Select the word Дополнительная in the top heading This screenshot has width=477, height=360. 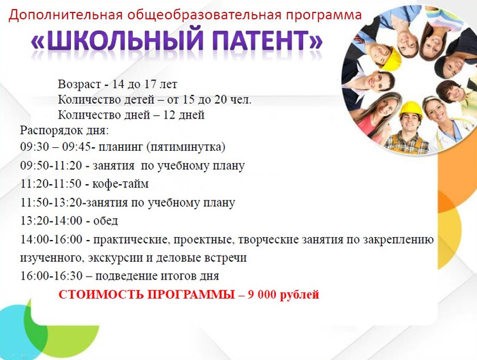click(65, 15)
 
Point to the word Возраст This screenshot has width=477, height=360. click(79, 84)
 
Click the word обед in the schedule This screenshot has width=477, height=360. click(106, 221)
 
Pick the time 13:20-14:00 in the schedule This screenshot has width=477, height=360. click(51, 221)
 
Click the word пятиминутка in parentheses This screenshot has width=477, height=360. click(186, 147)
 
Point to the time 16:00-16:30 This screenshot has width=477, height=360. click(51, 276)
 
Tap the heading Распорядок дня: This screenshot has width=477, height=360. click(64, 131)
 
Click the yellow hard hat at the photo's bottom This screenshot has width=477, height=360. click(411, 110)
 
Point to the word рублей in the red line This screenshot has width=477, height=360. click(299, 295)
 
